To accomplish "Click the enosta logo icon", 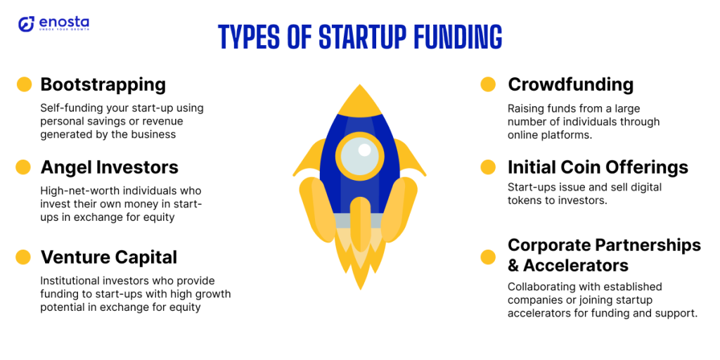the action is click(26, 24).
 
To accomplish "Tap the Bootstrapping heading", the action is click(103, 85).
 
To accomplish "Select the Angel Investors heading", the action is click(109, 167).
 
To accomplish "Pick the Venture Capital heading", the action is click(109, 257).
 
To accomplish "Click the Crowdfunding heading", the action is click(570, 84).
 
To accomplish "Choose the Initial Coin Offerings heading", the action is click(598, 167).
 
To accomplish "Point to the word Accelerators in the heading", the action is click(576, 265).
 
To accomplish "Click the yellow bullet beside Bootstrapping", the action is click(24, 84).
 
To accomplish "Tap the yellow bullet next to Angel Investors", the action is click(23, 167).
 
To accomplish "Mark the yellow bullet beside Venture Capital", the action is click(23, 257).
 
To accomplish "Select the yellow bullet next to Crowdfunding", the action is click(488, 84).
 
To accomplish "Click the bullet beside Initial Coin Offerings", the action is click(488, 167).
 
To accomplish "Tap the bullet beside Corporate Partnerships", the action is click(488, 257).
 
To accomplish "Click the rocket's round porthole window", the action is click(359, 156).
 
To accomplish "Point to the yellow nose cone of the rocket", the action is click(359, 102).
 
